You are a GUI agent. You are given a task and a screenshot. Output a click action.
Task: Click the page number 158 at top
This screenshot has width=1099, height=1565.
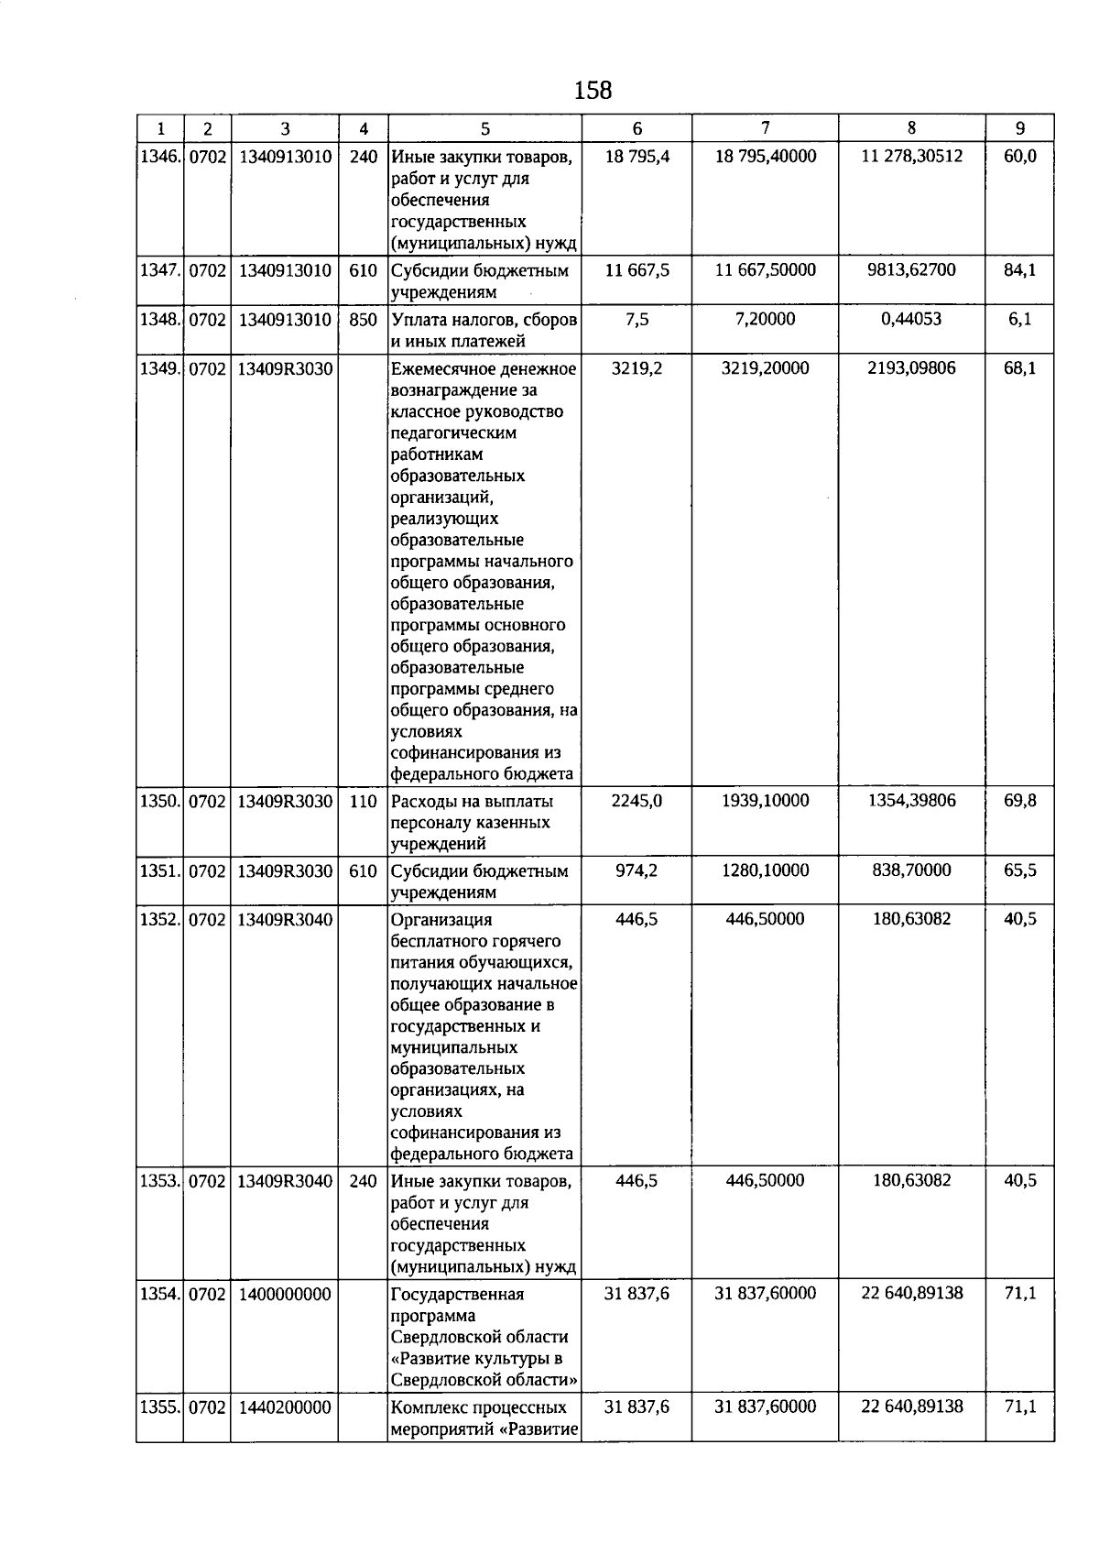point(593,91)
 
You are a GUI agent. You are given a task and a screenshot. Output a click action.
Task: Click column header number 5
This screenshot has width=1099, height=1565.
point(484,129)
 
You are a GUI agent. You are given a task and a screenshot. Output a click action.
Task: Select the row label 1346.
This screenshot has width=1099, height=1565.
point(159,157)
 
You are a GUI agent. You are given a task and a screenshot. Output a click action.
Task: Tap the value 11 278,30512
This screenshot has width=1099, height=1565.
point(911,157)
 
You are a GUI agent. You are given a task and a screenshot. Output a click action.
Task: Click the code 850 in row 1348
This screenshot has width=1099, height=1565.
point(363,320)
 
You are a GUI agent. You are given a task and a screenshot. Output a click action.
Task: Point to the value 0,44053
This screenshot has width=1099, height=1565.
point(911,320)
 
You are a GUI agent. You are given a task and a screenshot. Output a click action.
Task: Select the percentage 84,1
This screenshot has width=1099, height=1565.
point(1019,270)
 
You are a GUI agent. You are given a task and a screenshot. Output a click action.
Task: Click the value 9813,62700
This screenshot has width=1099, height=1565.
point(911,270)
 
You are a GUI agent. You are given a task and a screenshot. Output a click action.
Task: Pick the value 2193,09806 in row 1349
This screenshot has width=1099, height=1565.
point(911,368)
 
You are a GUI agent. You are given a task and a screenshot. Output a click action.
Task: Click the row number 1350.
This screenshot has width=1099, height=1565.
point(159,801)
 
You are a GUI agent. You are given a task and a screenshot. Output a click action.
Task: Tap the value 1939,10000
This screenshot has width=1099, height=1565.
point(765,801)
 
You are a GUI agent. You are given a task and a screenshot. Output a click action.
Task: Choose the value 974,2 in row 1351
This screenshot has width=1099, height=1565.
point(637,870)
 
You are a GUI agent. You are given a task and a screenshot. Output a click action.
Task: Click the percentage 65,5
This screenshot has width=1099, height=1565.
point(1019,870)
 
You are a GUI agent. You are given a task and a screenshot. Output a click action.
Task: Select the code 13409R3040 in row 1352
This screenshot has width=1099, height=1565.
point(285,920)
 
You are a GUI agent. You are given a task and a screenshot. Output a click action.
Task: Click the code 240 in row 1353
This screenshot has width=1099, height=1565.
point(363,1181)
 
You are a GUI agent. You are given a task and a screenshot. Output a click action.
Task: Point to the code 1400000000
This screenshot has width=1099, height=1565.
point(285,1295)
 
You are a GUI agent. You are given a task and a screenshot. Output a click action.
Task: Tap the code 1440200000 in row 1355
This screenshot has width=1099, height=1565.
point(285,1407)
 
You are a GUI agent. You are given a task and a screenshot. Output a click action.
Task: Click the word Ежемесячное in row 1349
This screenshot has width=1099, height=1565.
point(442,369)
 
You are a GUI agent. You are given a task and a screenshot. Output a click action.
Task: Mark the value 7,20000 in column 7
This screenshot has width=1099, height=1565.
point(765,320)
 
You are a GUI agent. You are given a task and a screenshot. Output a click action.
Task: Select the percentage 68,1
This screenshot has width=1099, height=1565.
point(1019,368)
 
